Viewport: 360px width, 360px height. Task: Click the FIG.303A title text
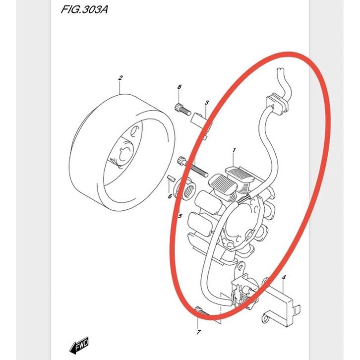coord(84,9)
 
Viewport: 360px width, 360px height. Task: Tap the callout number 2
coord(120,78)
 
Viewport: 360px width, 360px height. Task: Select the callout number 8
coord(180,87)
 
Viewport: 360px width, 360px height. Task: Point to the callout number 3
coord(207,103)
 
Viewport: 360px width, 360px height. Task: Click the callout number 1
coord(234,150)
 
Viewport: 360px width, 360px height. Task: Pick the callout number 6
coord(170,196)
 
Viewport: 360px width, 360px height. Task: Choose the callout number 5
coord(180,216)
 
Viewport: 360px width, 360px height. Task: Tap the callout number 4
coord(284,277)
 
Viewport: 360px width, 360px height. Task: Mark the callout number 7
coord(199,332)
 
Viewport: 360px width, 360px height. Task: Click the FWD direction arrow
coord(79,345)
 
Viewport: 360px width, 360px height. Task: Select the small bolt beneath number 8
coord(183,110)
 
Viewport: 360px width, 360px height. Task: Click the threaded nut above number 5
coord(185,188)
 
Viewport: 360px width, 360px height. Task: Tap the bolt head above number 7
coord(198,309)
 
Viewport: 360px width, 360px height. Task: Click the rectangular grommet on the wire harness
coord(277,104)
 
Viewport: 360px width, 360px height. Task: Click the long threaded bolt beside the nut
coord(192,167)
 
